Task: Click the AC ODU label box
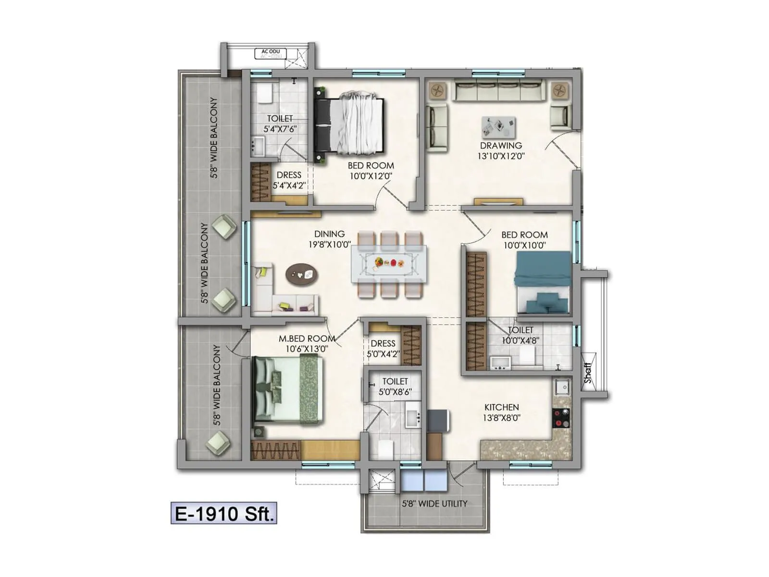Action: pyautogui.click(x=271, y=53)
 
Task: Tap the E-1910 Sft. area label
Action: pyautogui.click(x=224, y=514)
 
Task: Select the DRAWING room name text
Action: pyautogui.click(x=501, y=146)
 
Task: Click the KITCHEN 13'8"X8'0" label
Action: pyautogui.click(x=501, y=413)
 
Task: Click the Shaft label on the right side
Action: pyautogui.click(x=588, y=373)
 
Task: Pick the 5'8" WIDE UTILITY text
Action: pyautogui.click(x=434, y=504)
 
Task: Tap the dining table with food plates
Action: pyautogui.click(x=388, y=263)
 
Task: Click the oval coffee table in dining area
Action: pyautogui.click(x=301, y=275)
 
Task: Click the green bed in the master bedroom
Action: pyautogui.click(x=287, y=389)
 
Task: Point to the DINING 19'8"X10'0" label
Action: pyautogui.click(x=329, y=239)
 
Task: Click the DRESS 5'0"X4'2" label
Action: pyautogui.click(x=383, y=349)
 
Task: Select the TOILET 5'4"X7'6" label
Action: pyautogui.click(x=280, y=124)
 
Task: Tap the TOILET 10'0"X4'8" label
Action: pyautogui.click(x=521, y=335)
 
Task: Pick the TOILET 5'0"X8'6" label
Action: pyautogui.click(x=395, y=387)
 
